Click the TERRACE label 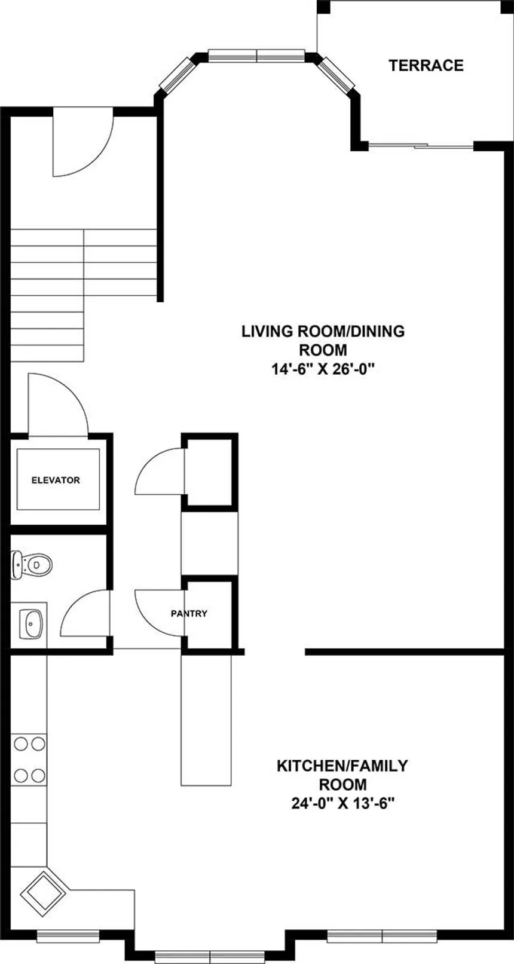tap(426, 65)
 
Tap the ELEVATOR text tap(56, 480)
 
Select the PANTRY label tap(189, 613)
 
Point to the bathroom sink tap(30, 623)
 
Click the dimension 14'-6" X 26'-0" tap(323, 369)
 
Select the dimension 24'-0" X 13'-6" tap(343, 803)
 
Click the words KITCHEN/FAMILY tap(342, 766)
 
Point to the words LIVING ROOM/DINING tap(323, 331)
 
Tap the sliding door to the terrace tap(421, 145)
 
